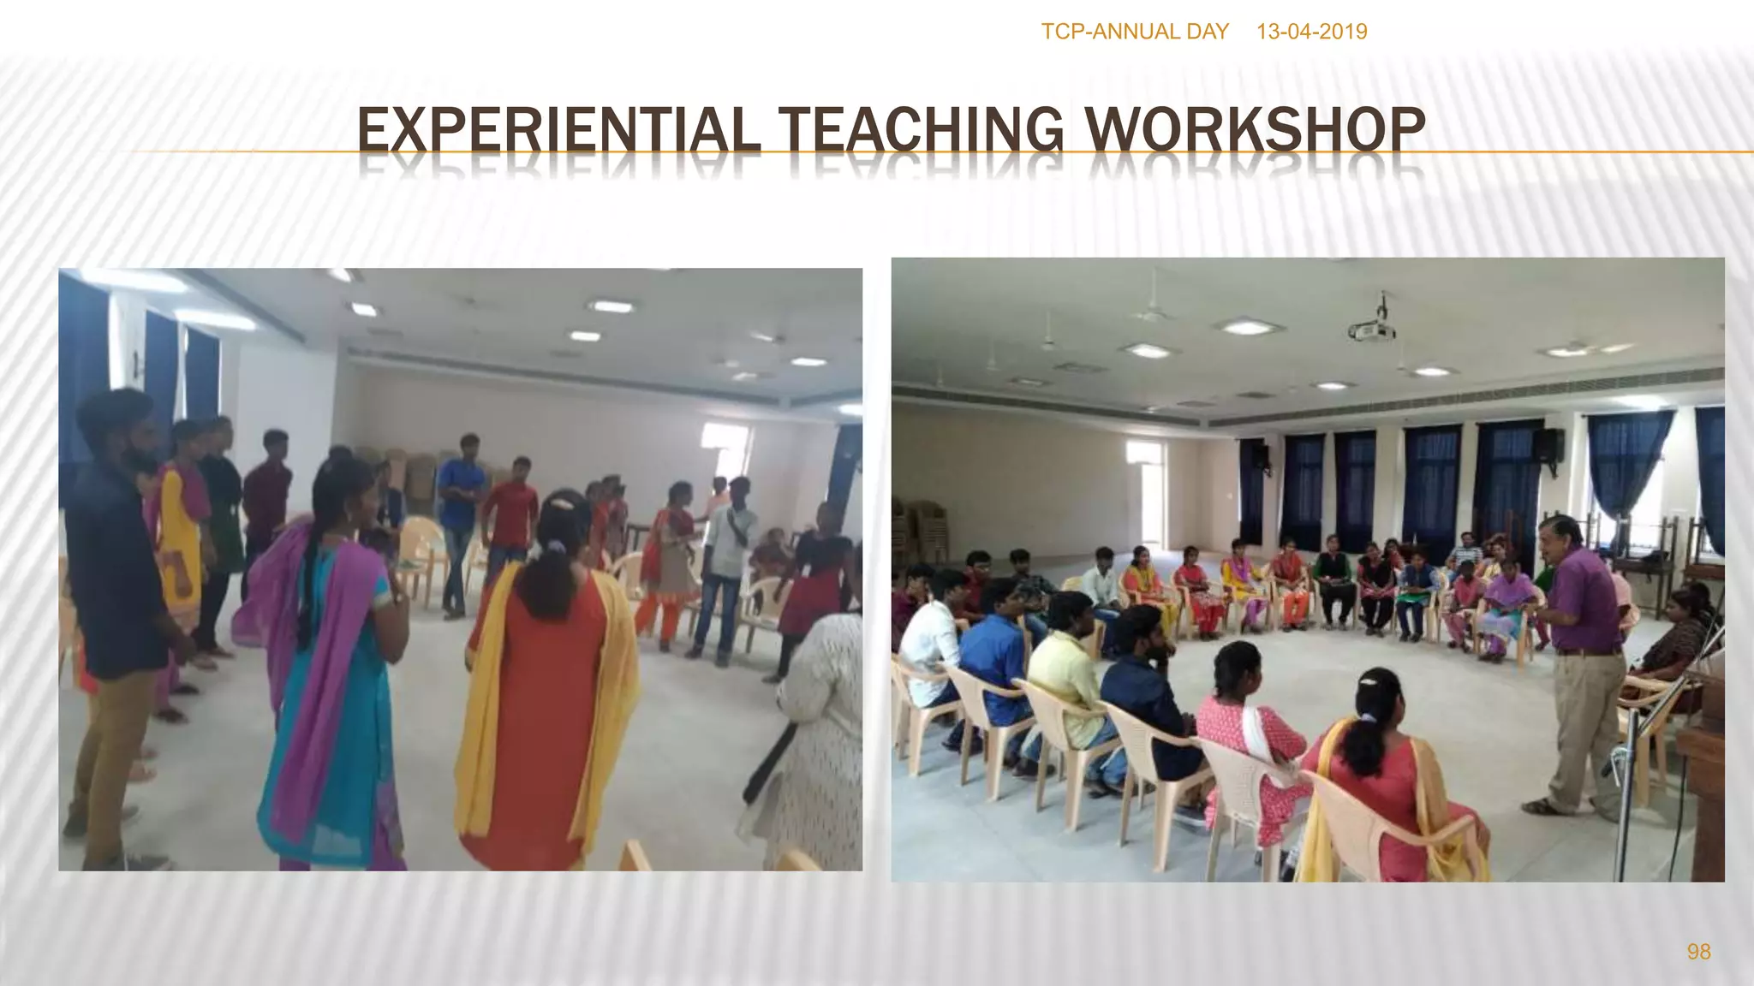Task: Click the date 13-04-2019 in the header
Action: click(x=1311, y=32)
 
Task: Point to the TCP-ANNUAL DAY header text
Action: click(x=1134, y=32)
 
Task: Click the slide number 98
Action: click(x=1698, y=952)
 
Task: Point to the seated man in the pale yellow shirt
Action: click(x=1066, y=676)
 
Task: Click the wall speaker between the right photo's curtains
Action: click(x=1549, y=445)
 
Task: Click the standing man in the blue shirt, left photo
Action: click(x=461, y=514)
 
